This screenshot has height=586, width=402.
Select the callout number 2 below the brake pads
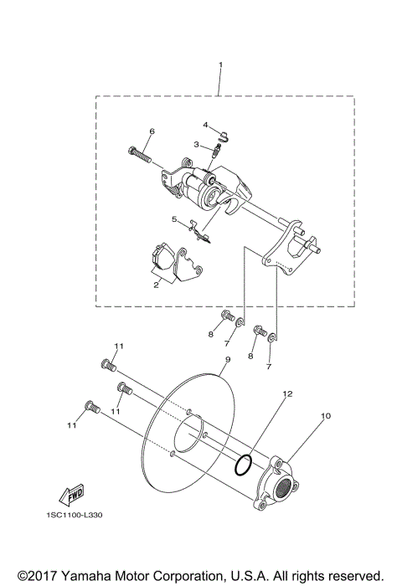point(157,285)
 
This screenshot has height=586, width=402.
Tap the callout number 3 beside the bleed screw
point(197,144)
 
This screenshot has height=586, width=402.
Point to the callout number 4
point(204,125)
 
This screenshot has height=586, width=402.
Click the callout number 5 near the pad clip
point(174,220)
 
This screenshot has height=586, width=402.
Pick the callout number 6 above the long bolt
point(152,131)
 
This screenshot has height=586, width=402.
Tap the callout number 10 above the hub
point(326,414)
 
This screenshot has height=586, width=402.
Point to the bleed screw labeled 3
point(217,150)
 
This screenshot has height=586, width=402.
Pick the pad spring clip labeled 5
point(198,229)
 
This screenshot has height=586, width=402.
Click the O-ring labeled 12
point(244,465)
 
